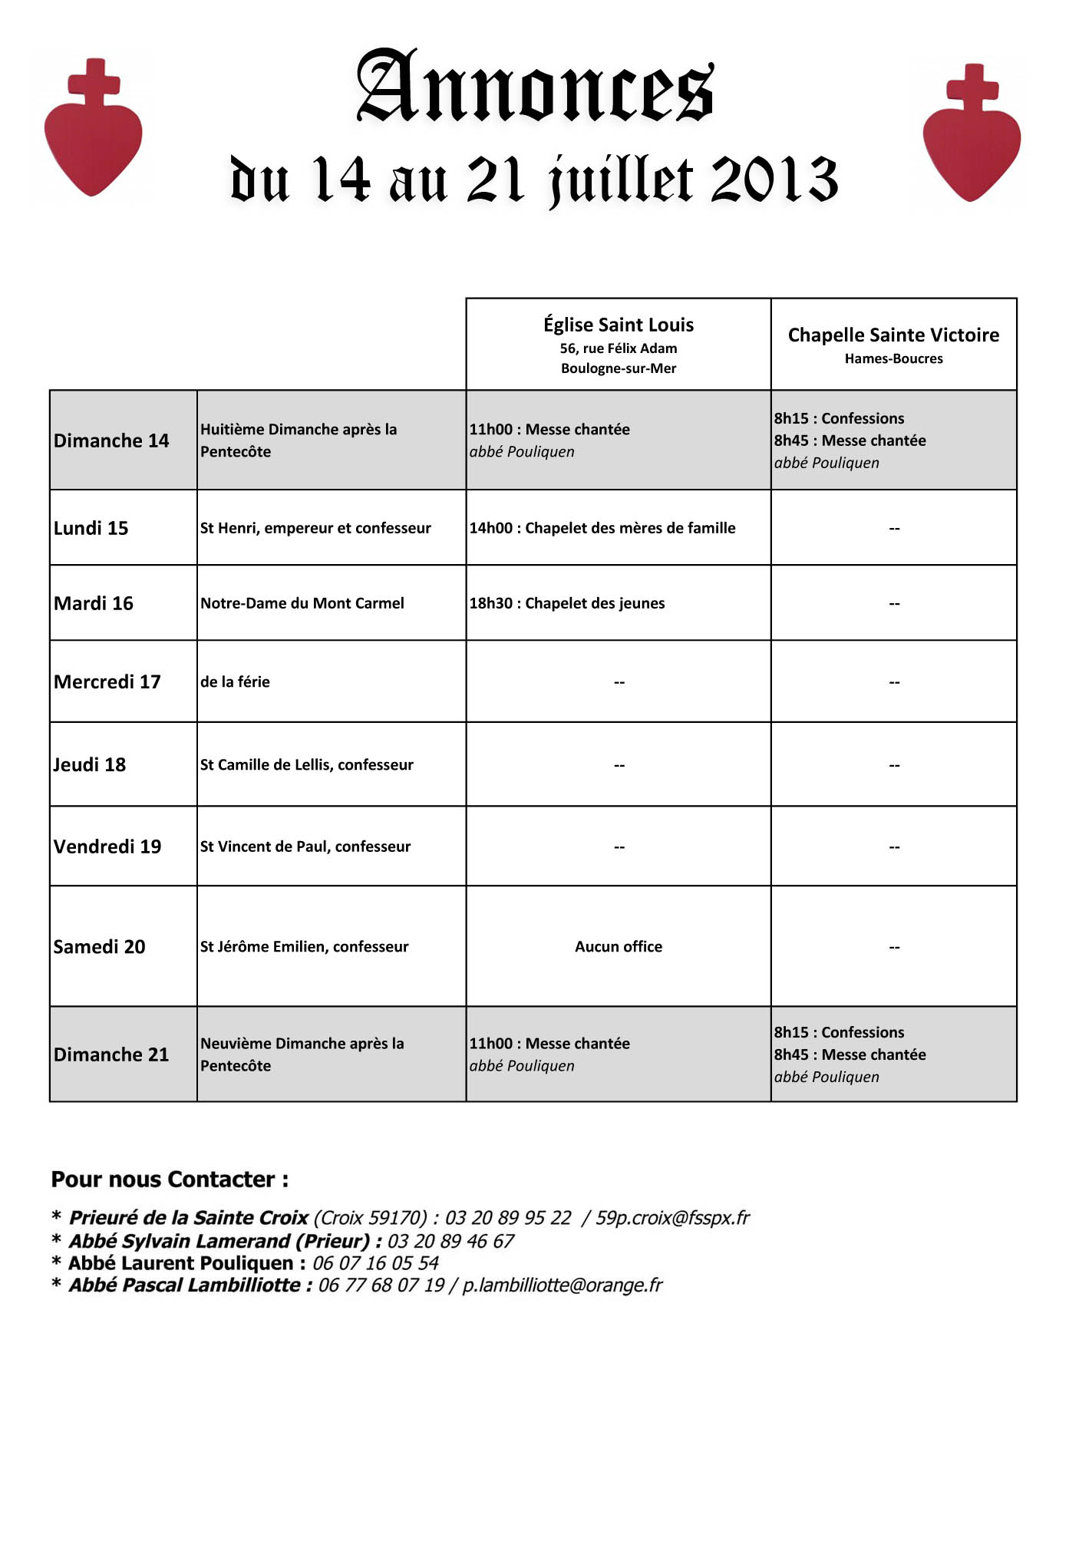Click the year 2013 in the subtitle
coord(774,180)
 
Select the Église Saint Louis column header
coord(618,325)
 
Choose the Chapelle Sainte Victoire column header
coord(893,335)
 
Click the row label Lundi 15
coord(91,528)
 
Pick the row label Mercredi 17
coord(107,681)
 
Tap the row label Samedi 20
coord(99,946)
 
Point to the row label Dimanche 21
coord(111,1054)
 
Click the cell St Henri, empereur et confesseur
coord(315,528)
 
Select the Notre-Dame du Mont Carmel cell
coord(302,603)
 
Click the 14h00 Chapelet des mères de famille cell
coord(602,528)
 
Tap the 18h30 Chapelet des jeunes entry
coord(567,603)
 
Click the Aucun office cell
coord(618,946)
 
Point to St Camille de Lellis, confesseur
coord(307,764)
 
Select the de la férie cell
coord(235,681)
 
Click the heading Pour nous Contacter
coord(170,1180)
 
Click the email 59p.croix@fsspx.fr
coord(672,1218)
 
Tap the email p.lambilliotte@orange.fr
coord(562,1285)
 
